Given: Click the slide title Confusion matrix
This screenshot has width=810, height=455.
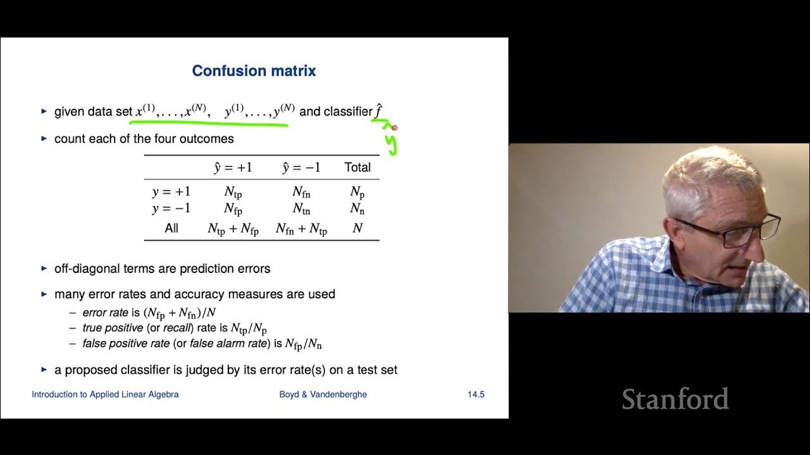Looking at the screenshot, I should click(254, 71).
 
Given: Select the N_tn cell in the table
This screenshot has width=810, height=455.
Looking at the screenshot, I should click(301, 209).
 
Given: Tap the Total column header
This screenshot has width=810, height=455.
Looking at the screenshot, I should click(358, 167).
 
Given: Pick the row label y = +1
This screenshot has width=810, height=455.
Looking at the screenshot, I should click(171, 191).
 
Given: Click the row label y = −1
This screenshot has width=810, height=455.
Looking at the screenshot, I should click(171, 208).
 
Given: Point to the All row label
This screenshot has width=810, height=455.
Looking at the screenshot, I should click(171, 228).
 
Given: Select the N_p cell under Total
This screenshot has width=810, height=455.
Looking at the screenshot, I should click(358, 192).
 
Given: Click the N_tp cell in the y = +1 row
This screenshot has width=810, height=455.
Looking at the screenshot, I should click(233, 192).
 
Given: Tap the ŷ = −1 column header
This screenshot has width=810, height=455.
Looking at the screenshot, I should click(301, 167).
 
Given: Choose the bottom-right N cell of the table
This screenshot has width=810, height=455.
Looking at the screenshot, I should click(358, 228).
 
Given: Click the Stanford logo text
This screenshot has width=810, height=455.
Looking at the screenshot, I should click(675, 399).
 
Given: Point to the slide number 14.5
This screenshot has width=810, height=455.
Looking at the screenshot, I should click(476, 394).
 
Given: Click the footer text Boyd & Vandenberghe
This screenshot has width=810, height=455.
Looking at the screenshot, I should click(323, 394).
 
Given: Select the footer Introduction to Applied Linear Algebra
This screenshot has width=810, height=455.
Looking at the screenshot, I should click(105, 394).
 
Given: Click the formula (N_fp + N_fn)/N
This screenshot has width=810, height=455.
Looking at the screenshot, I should click(180, 313).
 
